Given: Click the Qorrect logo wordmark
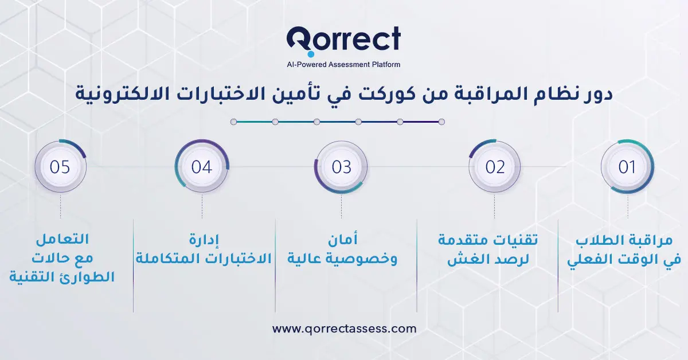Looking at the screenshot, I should (x=344, y=41).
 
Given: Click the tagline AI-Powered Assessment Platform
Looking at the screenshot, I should (x=343, y=65).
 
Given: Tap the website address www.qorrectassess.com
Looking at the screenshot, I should (x=344, y=329).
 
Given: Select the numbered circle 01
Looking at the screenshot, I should (x=627, y=167).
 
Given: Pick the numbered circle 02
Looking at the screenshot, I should (x=495, y=167).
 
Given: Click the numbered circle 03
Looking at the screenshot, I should (x=341, y=167).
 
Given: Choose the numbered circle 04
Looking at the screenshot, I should (x=202, y=167).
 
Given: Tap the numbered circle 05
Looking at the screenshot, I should (x=60, y=167).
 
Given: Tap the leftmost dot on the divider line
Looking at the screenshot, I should (x=233, y=122).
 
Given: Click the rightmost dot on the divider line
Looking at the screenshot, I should (x=441, y=122).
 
